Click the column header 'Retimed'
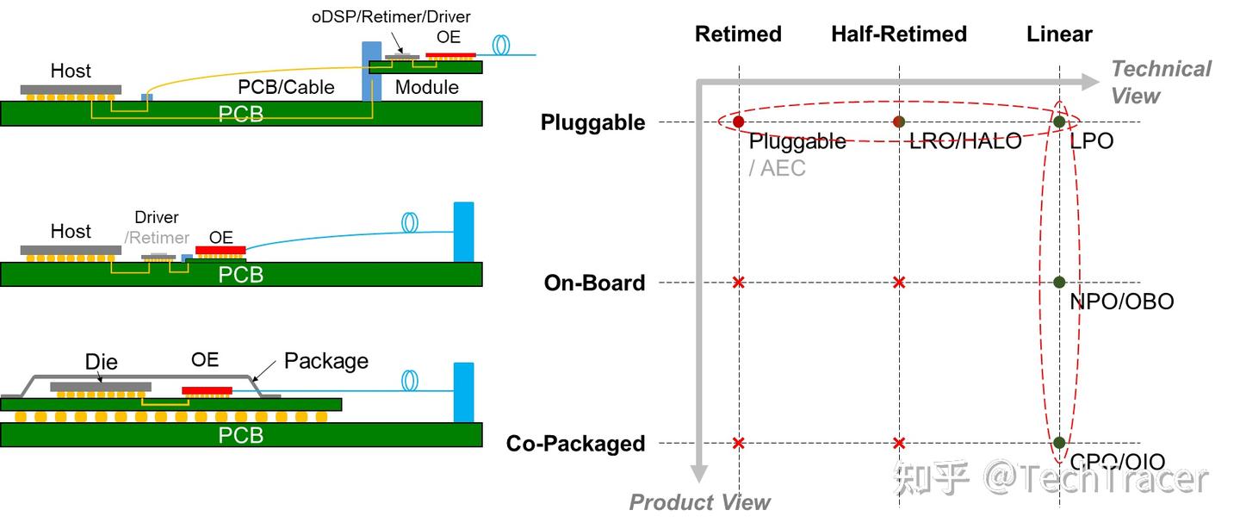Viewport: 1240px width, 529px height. (738, 34)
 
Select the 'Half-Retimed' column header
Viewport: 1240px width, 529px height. (899, 34)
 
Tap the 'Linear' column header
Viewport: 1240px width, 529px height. (1059, 34)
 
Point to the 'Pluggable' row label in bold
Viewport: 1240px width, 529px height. (592, 122)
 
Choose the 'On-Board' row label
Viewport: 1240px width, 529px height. (594, 283)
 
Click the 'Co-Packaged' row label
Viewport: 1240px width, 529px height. (575, 444)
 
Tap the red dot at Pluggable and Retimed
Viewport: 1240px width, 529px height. (738, 122)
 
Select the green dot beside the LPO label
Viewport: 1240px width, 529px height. (1059, 122)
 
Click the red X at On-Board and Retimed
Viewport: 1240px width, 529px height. (738, 283)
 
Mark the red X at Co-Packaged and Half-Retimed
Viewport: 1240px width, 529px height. (899, 443)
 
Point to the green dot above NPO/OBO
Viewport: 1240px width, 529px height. (1059, 283)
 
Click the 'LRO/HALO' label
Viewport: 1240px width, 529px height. (965, 141)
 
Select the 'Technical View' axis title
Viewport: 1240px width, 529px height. (1160, 82)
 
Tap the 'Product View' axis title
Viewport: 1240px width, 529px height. (700, 502)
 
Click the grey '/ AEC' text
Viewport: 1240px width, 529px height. (778, 168)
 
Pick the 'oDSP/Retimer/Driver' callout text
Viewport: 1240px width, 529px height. (391, 16)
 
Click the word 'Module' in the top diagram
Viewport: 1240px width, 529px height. (426, 87)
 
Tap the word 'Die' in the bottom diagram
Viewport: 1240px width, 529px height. (102, 361)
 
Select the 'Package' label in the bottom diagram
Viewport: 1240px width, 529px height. (325, 361)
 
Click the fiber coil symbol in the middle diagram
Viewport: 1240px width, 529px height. (411, 222)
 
